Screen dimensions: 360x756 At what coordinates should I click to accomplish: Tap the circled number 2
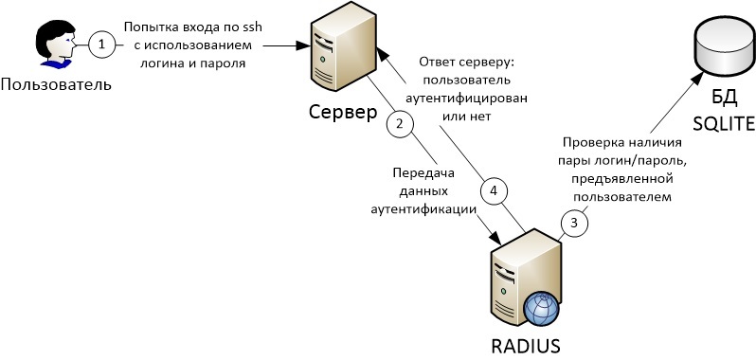(x=400, y=122)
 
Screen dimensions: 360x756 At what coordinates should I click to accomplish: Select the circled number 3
(x=572, y=222)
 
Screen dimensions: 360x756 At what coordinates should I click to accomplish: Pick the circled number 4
(x=492, y=189)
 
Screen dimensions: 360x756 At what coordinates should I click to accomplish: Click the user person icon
(x=54, y=45)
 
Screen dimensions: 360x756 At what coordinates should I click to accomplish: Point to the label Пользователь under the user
(x=56, y=84)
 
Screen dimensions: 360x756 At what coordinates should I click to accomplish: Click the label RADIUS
(x=527, y=344)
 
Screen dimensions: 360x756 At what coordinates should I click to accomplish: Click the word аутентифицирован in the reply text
(x=471, y=98)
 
